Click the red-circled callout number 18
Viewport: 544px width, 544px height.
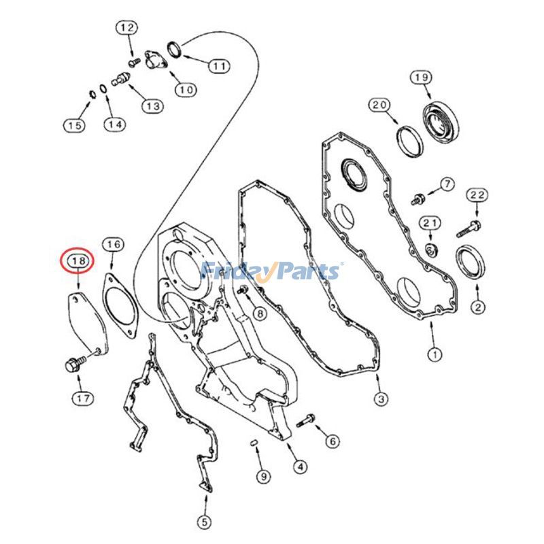(x=77, y=260)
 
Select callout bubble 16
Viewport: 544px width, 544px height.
(x=113, y=244)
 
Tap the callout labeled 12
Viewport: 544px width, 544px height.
(x=126, y=28)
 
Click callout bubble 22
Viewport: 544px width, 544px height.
(x=477, y=195)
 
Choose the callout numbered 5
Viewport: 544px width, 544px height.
(x=203, y=522)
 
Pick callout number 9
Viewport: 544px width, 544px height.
(x=264, y=477)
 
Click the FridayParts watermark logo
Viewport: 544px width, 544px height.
(x=272, y=271)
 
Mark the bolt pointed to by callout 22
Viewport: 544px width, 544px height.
(x=470, y=226)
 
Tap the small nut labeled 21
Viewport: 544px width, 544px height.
(x=431, y=249)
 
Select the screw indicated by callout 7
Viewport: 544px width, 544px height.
(x=417, y=199)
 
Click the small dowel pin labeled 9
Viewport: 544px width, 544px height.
(x=253, y=444)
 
